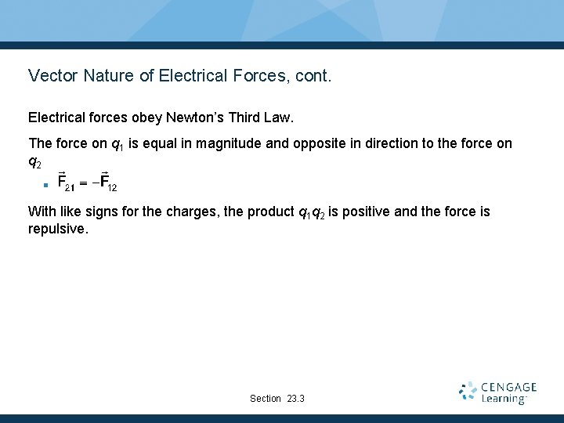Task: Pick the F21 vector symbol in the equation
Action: click(67, 185)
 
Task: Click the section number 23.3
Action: click(296, 399)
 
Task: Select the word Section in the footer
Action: click(266, 399)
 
